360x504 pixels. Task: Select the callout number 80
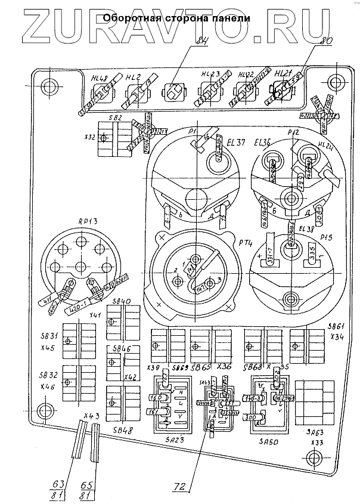325,42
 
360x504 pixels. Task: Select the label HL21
283,73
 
